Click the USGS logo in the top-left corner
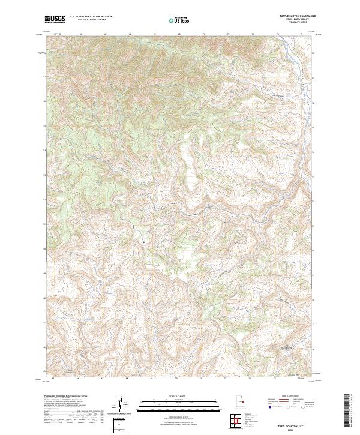(55, 19)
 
